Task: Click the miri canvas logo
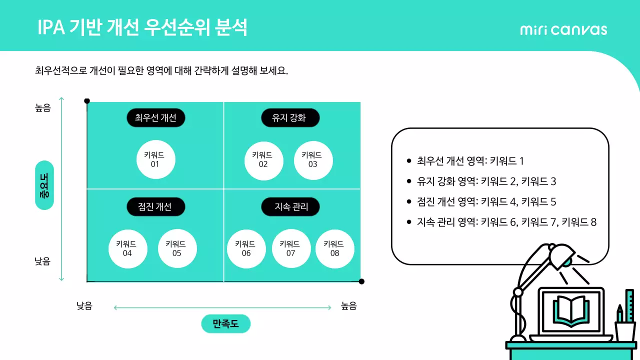(563, 29)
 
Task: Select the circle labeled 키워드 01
(155, 159)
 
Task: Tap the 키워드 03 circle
(313, 159)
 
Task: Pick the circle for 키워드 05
(177, 248)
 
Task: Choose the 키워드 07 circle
(290, 248)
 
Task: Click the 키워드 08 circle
(334, 248)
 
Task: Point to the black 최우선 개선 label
(155, 118)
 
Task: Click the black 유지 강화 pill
(290, 118)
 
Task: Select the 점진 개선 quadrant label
(155, 207)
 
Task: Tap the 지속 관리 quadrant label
(290, 207)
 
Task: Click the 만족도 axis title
(225, 324)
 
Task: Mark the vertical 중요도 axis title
(44, 185)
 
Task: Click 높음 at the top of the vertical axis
(43, 107)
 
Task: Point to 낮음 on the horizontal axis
(84, 306)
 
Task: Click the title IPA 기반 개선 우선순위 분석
(142, 28)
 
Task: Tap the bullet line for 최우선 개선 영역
(470, 161)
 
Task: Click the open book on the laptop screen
(570, 309)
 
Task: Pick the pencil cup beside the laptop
(625, 330)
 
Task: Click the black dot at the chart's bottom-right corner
(361, 281)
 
